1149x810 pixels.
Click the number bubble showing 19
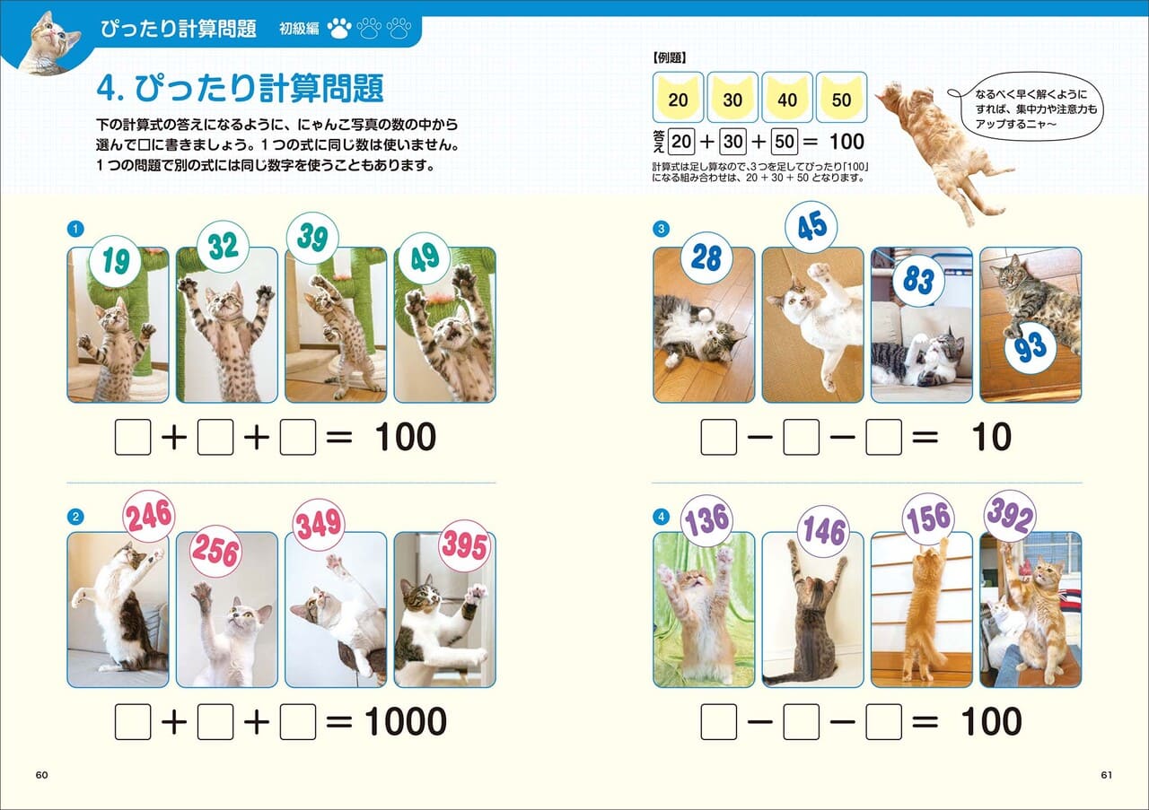point(116,261)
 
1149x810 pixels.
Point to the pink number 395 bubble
point(464,546)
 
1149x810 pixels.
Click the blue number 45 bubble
point(811,227)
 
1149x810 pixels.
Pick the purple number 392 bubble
point(1010,516)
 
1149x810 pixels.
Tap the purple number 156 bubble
point(928,518)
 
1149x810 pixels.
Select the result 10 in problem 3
point(990,438)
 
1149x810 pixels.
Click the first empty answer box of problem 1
point(133,438)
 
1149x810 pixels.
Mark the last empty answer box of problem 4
point(884,722)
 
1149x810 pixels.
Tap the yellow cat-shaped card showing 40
point(787,98)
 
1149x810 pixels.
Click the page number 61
point(1105,774)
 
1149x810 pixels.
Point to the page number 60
point(41,774)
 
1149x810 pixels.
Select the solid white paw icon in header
point(338,29)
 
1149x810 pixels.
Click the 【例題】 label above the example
point(667,57)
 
